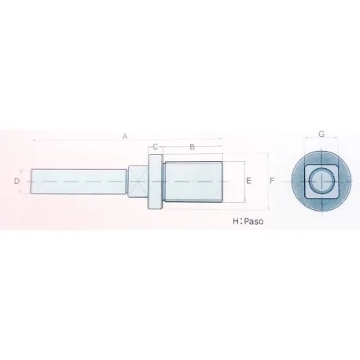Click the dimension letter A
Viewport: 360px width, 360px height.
point(125,136)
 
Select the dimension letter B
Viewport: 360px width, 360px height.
point(193,146)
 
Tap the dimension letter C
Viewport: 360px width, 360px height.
point(156,146)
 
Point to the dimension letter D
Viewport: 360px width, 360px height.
point(17,182)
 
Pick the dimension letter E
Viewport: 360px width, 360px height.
point(248,182)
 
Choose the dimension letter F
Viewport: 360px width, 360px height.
point(271,182)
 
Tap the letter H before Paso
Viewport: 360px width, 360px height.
point(235,222)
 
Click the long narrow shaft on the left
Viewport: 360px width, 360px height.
point(79,182)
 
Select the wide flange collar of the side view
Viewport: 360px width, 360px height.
point(156,182)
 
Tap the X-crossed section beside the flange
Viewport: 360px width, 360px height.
point(139,182)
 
